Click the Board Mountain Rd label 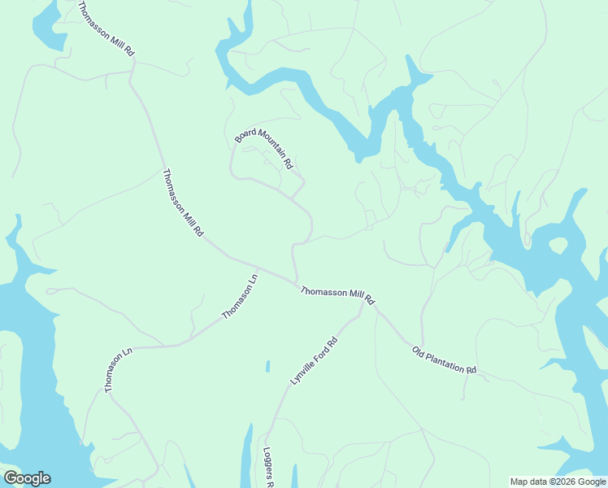pos(263,148)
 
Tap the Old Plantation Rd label pos(444,360)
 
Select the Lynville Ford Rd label pos(313,361)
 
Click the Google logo pos(27,478)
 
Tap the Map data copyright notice pos(558,481)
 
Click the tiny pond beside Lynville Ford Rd pos(267,367)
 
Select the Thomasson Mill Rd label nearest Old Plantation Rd pos(337,295)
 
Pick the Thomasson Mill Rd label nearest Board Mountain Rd pos(183,203)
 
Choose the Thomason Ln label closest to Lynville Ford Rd pos(240,297)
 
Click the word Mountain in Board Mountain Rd pos(266,146)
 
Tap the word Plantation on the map pos(448,362)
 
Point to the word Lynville pos(301,373)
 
